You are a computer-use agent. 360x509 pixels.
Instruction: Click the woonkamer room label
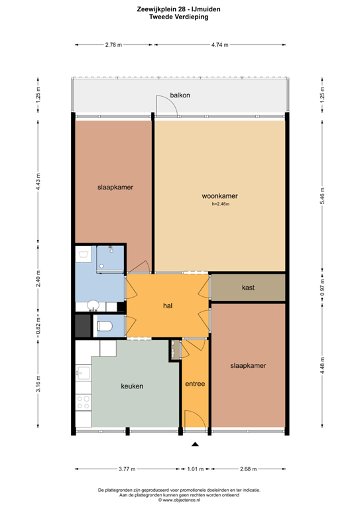click(x=219, y=196)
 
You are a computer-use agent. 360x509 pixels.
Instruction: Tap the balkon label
click(x=180, y=95)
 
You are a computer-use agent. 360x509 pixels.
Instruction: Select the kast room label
click(x=248, y=288)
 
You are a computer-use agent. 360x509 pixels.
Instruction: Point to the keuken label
click(x=132, y=386)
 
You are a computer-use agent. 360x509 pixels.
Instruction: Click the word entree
click(x=195, y=384)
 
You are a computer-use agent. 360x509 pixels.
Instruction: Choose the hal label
click(x=168, y=306)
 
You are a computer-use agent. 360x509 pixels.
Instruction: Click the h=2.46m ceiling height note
click(x=220, y=204)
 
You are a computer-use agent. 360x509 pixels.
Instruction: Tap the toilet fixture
click(x=105, y=326)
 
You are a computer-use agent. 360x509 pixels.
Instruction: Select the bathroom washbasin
click(x=93, y=305)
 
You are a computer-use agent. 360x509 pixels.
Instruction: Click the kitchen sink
click(x=84, y=372)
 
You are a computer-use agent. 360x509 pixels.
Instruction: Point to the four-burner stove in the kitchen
click(x=83, y=402)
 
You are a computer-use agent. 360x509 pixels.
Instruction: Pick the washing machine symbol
click(x=86, y=254)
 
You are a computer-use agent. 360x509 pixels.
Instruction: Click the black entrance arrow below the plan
click(x=195, y=444)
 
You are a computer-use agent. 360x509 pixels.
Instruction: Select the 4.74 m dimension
click(x=219, y=45)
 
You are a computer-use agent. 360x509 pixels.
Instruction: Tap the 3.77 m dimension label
click(x=127, y=469)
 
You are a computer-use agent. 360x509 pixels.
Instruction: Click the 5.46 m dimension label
click(x=322, y=196)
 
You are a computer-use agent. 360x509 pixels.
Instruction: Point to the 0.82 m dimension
click(x=38, y=327)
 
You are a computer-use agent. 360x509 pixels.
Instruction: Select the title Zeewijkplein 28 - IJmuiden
click(x=178, y=9)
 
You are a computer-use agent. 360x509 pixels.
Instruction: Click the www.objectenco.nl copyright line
click(x=179, y=500)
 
